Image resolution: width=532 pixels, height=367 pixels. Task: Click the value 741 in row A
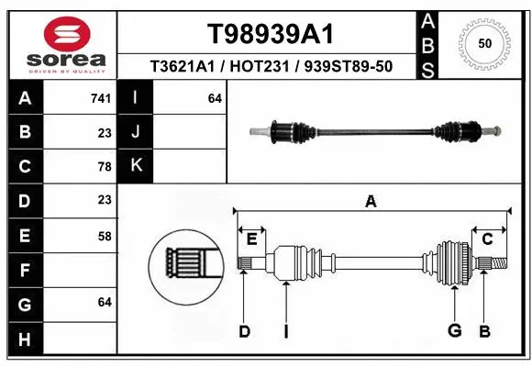[x=101, y=97]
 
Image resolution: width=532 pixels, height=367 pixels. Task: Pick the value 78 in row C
[x=104, y=166]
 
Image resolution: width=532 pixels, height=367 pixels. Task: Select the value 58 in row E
[x=104, y=236]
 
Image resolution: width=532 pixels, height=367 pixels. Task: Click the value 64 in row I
[x=215, y=97]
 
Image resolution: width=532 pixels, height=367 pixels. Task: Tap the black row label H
[x=24, y=340]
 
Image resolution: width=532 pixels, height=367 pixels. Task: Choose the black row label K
[x=136, y=166]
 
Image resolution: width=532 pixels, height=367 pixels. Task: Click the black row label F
[x=24, y=271]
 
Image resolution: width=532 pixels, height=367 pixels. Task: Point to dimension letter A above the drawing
[x=371, y=202]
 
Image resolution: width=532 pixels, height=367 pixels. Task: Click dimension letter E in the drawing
[x=251, y=239]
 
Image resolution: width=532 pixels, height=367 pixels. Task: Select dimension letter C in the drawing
[x=487, y=239]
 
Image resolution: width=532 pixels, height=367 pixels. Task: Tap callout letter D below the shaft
[x=244, y=331]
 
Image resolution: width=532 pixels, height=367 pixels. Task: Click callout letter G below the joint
[x=453, y=331]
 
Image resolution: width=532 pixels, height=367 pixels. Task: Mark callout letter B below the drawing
[x=484, y=331]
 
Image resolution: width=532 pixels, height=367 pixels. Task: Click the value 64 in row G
[x=104, y=302]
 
